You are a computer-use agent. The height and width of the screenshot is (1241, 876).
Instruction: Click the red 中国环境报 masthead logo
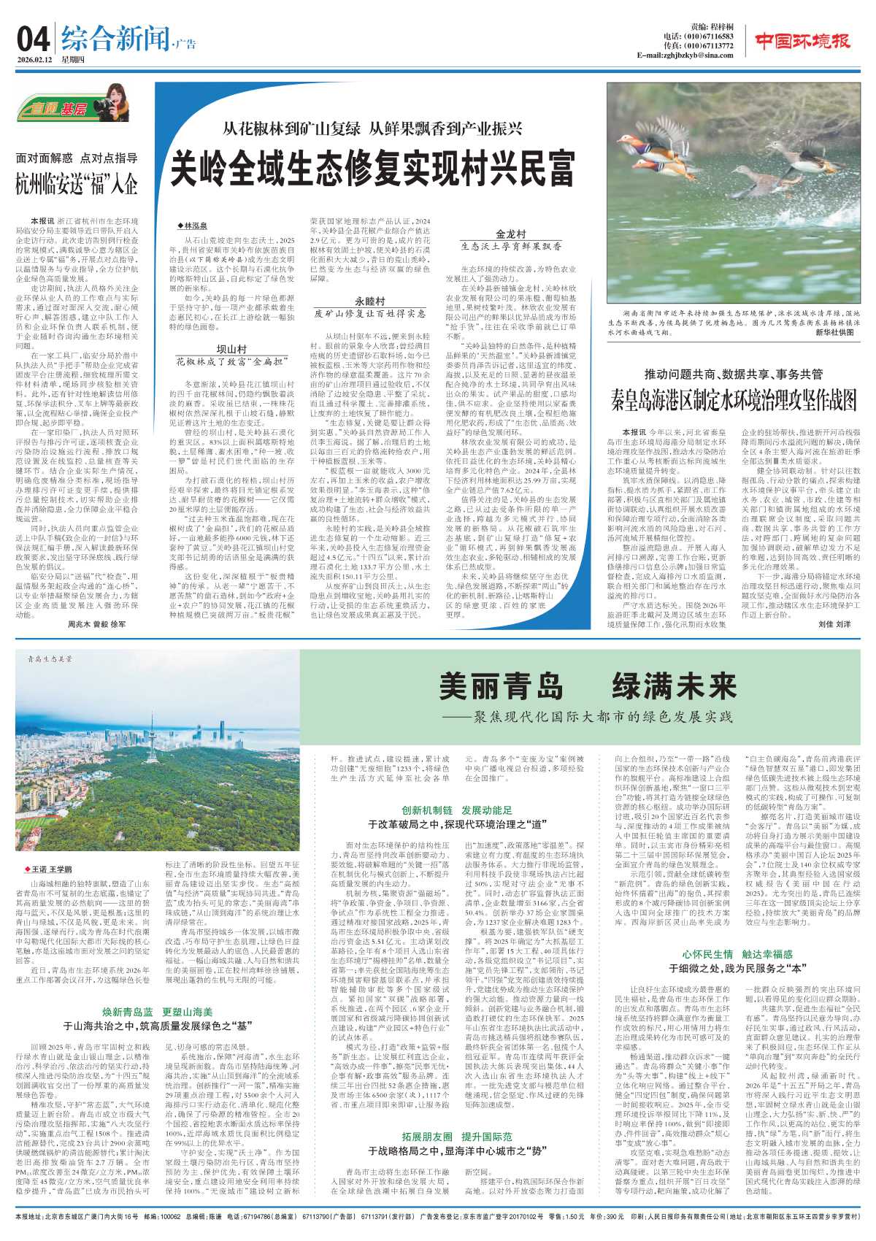pos(802,42)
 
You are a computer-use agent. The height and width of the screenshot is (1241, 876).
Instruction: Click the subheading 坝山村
pos(231,349)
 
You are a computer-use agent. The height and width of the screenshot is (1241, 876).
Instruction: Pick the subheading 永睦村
pos(370,301)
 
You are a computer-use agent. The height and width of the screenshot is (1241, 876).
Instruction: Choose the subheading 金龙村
pos(510,234)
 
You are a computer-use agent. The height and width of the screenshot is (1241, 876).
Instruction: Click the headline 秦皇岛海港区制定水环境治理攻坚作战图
pos(734,400)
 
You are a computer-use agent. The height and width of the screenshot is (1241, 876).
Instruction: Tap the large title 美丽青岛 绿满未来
pos(588,687)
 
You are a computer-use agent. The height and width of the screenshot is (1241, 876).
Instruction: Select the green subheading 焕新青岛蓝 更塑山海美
pos(157,1012)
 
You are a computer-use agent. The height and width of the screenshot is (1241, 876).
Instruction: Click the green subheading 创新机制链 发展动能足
pos(457,810)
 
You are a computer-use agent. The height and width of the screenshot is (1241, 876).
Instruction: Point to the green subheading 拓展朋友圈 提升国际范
pos(457,1137)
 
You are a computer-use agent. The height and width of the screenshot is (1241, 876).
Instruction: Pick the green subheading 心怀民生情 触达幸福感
pos(737,954)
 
